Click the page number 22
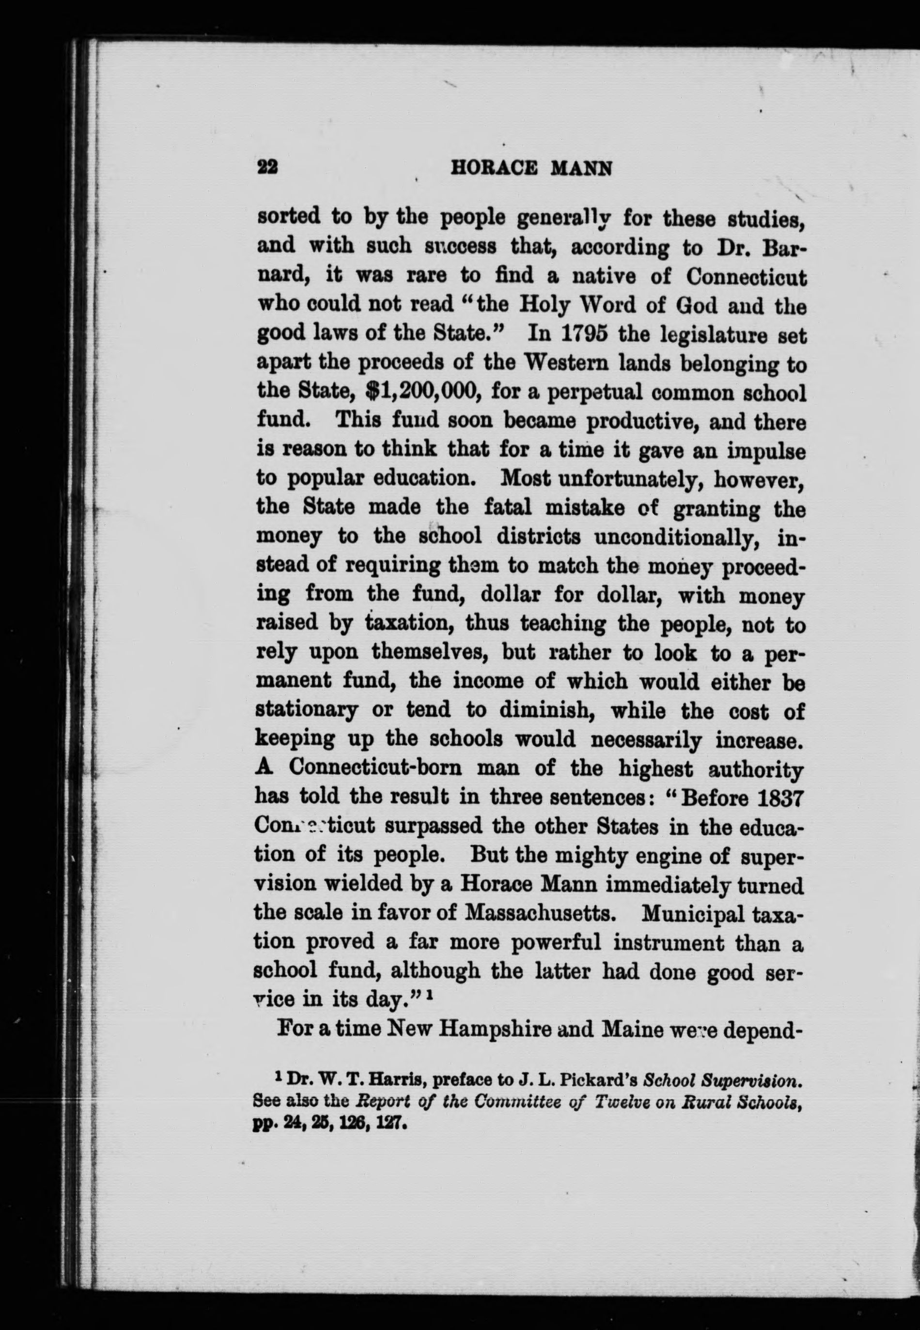coord(267,168)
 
